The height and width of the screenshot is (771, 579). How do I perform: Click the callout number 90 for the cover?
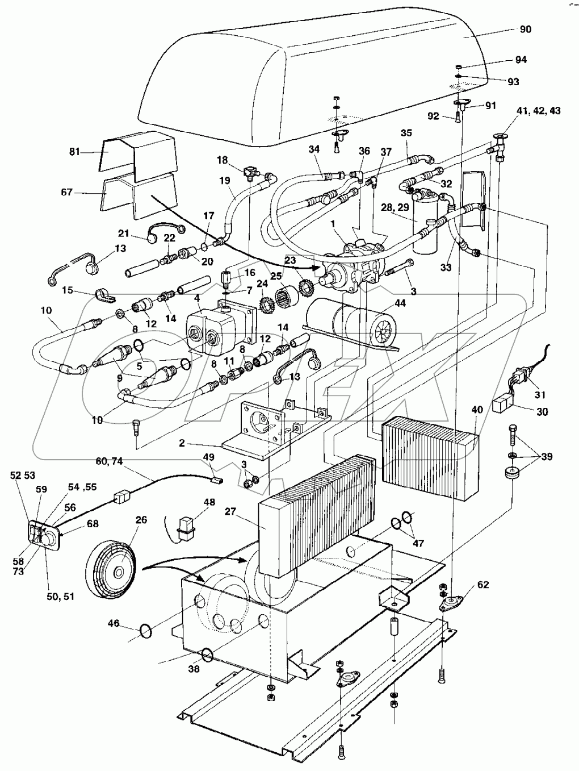[x=525, y=29]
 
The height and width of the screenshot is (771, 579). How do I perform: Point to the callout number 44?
[x=400, y=302]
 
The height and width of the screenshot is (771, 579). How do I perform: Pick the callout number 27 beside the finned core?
[x=230, y=511]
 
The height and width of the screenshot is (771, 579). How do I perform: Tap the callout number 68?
[x=93, y=524]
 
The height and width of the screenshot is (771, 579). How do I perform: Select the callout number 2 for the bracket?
[x=182, y=443]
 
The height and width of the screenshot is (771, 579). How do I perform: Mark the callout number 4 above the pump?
[x=197, y=298]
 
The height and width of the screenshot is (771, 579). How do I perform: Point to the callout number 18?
[x=222, y=160]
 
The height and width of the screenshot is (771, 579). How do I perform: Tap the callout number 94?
[x=521, y=60]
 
